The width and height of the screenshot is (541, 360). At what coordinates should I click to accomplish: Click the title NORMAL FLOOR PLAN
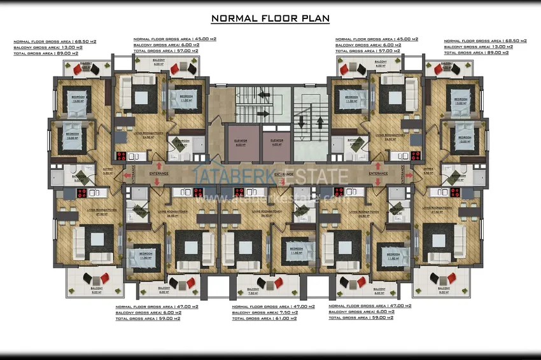tap(270, 18)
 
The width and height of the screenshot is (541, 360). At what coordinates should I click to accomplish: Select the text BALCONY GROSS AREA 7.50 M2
tap(273, 312)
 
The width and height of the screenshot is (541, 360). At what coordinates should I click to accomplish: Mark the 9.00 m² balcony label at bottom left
tap(97, 292)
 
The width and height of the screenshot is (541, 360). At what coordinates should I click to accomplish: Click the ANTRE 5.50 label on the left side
tap(90, 170)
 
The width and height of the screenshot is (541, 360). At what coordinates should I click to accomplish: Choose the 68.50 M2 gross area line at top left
tap(55, 41)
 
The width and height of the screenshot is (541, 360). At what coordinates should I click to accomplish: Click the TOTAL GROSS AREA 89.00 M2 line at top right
tap(484, 53)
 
